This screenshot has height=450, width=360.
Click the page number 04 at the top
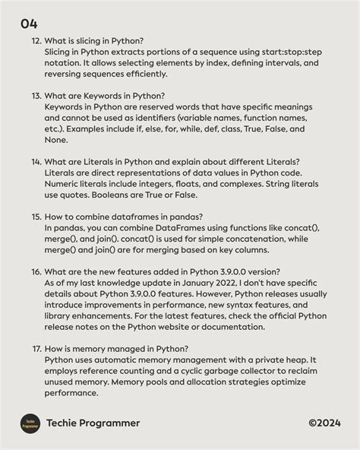point(29,24)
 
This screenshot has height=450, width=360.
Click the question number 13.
point(36,97)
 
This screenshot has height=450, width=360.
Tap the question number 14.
point(36,162)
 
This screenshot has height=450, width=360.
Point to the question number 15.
point(36,217)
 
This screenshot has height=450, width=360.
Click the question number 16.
point(36,272)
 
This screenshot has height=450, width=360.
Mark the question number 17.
point(36,349)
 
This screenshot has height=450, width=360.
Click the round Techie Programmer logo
point(29,423)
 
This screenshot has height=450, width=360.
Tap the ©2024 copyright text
point(324,423)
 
